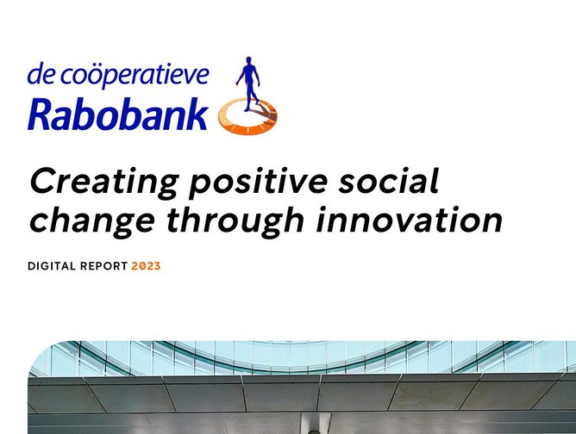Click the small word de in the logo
tap(39, 76)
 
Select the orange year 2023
tap(146, 266)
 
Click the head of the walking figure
tap(249, 60)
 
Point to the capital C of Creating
tap(43, 183)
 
